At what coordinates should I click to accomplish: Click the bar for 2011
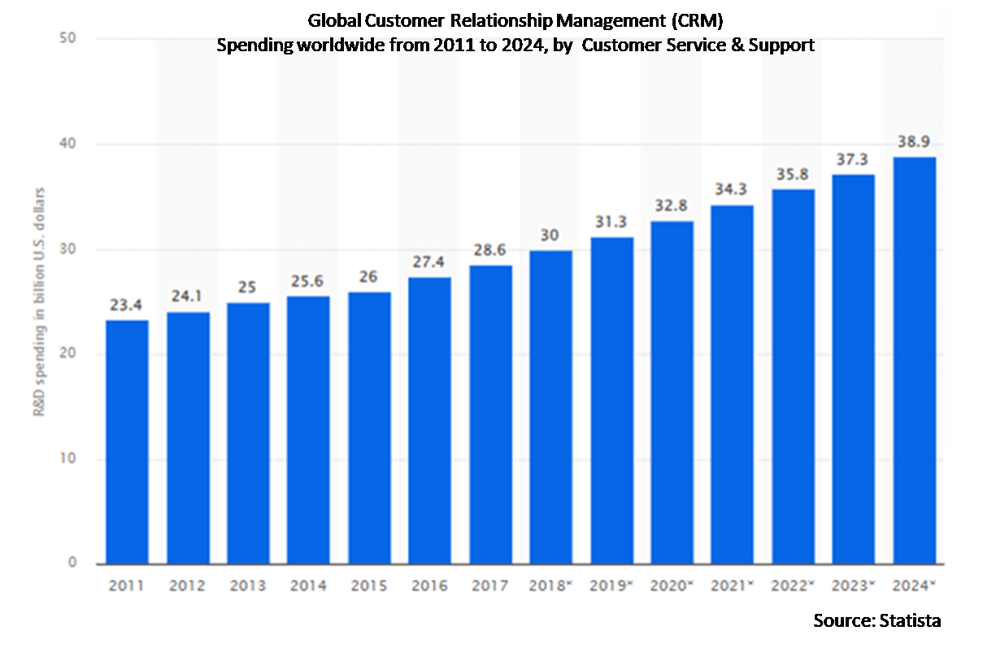point(128,442)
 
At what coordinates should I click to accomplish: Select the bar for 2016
point(429,420)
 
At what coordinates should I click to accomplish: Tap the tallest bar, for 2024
point(915,361)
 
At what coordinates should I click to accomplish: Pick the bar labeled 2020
point(672,393)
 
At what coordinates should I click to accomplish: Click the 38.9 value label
point(914,141)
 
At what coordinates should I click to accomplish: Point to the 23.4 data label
point(126,305)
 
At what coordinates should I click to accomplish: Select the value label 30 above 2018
point(550,236)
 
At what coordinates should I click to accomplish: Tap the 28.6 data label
point(489,250)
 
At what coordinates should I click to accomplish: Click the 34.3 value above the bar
point(731,189)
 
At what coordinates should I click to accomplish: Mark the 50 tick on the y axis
point(67,38)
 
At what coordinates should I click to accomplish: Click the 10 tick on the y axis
point(67,459)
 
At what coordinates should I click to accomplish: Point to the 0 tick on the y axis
point(72,563)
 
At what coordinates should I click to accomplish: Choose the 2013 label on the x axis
point(248,585)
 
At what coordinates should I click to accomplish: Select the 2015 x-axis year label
point(369,585)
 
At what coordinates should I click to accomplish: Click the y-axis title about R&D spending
point(39,302)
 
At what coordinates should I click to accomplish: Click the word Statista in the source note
point(910,621)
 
